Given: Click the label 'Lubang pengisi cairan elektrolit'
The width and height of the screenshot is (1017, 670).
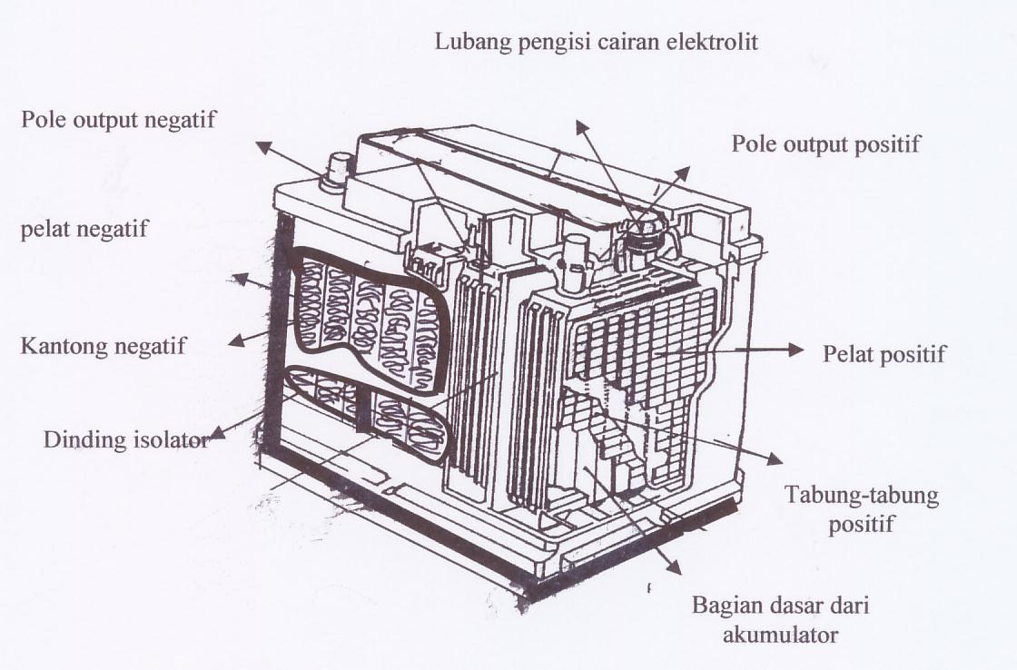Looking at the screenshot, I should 596,42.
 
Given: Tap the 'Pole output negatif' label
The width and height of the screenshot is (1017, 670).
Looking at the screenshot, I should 119,120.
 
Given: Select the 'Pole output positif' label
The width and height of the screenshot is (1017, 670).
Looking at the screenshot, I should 825,143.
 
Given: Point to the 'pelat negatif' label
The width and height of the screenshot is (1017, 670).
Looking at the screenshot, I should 84,229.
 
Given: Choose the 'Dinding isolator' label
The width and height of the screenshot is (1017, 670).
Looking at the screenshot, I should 126,440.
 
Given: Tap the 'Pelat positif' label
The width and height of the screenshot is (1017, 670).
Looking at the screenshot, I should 884,353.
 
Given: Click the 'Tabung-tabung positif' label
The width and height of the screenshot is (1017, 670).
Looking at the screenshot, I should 848,509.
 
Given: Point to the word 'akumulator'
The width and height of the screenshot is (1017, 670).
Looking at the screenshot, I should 780,634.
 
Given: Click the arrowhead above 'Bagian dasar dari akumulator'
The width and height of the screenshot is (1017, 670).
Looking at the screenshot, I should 673,567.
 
